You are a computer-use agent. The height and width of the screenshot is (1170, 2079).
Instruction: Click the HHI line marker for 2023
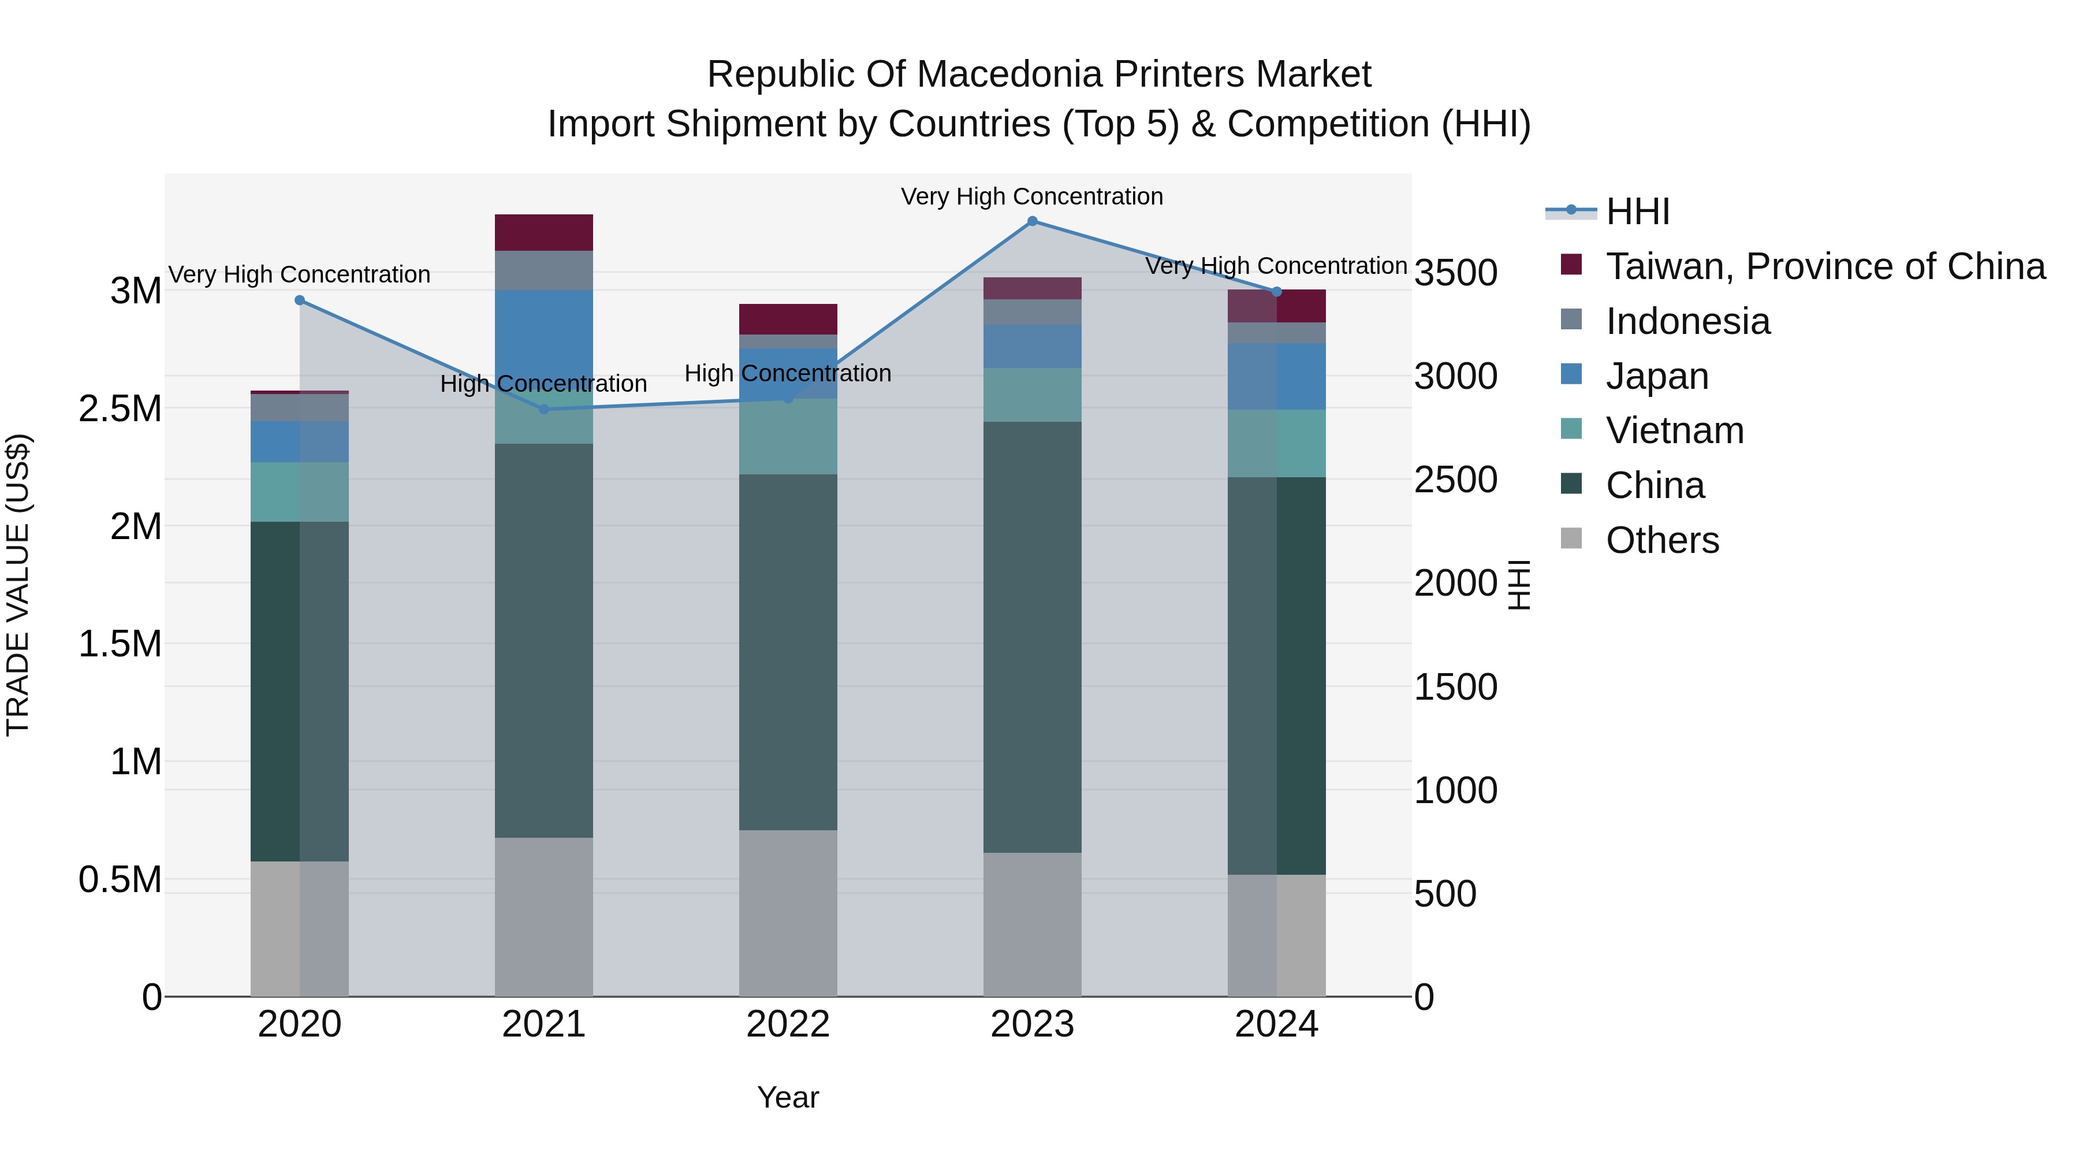1032,221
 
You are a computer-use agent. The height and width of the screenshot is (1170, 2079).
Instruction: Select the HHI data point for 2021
544,410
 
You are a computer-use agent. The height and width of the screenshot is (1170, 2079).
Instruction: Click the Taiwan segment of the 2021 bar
544,232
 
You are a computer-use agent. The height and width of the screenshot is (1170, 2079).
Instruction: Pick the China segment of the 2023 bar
1032,637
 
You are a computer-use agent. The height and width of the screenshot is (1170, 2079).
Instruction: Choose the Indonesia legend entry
1687,321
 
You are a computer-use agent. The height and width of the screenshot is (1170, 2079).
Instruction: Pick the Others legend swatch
1571,538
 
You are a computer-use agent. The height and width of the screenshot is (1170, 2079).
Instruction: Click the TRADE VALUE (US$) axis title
18,585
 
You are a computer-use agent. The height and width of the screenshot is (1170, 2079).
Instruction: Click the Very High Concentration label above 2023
1032,196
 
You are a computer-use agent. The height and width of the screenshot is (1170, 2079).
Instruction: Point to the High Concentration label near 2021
544,384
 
